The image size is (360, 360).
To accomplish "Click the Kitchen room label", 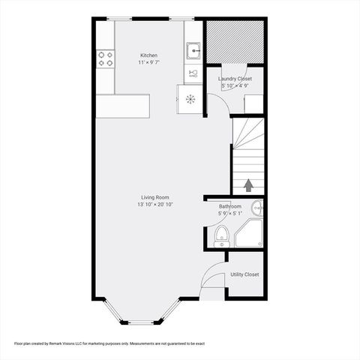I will point(148,55).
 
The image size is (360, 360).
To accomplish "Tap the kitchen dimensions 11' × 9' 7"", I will point(148,63).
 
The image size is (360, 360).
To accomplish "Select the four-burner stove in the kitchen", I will point(104,58).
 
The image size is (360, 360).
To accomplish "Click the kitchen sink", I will point(193,51).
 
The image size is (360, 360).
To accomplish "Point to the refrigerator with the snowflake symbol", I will point(190,99).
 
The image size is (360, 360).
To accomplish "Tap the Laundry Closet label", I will point(235,79).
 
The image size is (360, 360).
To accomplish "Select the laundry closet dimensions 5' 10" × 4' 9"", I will point(235,86).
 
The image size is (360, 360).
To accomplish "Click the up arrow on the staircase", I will point(248,184).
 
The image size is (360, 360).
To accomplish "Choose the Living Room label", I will point(155,197).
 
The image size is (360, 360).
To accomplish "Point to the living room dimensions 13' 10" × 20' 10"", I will point(155,205).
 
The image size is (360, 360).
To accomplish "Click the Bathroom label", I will point(229,206).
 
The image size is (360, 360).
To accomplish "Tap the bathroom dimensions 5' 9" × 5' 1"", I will point(229,214).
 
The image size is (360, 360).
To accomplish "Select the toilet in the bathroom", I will point(220,238).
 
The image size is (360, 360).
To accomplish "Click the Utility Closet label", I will point(244,274).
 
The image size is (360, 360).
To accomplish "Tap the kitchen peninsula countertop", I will point(122,105).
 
